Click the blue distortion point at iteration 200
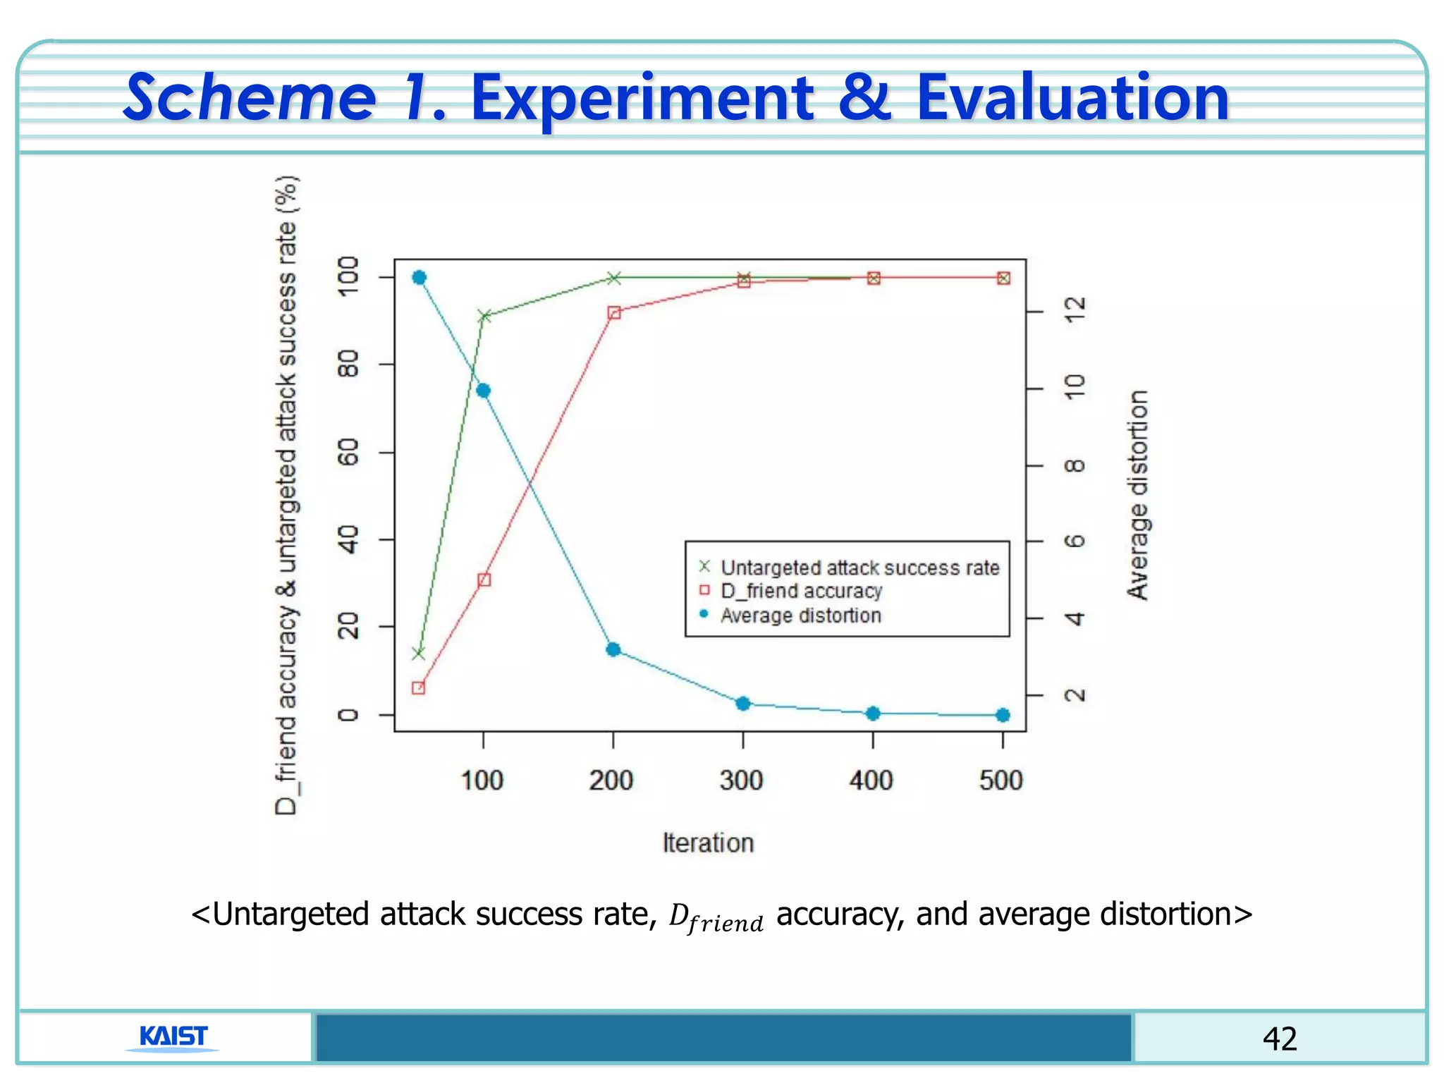613,649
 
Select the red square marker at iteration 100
484,580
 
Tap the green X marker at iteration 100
484,316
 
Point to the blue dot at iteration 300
743,704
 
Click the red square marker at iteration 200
613,312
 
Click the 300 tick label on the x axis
742,781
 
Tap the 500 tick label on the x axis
1001,781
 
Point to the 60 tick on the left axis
349,452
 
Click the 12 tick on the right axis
1075,310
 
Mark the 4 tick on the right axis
1075,619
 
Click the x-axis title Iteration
708,843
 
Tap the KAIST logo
173,1036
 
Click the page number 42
1279,1039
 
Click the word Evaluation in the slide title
1072,99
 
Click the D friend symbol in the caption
716,917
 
